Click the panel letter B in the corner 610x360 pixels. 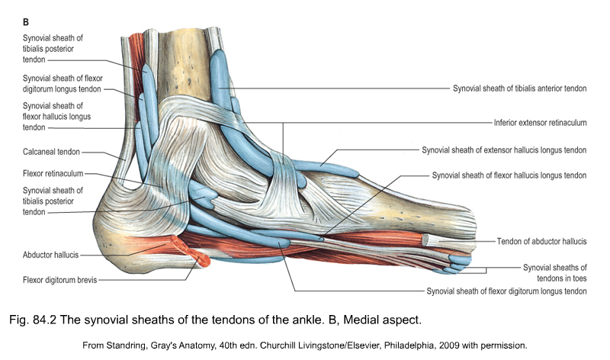(26, 22)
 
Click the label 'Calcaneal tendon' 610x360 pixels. (51, 152)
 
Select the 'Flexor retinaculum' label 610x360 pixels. (53, 173)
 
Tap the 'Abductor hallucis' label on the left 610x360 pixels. (50, 255)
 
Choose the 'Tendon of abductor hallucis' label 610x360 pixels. (541, 241)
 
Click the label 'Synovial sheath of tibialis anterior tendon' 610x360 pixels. (519, 88)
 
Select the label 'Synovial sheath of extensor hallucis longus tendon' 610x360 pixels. (504, 149)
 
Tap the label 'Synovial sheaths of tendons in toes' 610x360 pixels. (554, 272)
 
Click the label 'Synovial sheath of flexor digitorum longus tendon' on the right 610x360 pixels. (506, 291)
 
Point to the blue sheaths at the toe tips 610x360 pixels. (456, 263)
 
